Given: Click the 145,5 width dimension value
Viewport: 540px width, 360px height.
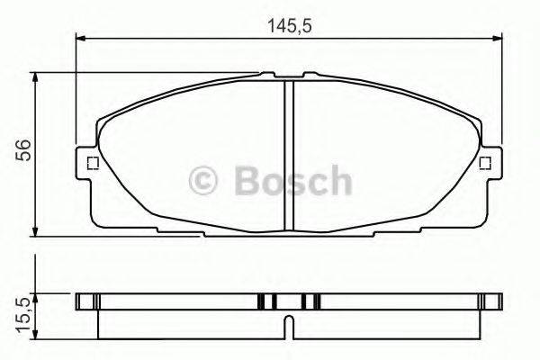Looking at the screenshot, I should point(288,26).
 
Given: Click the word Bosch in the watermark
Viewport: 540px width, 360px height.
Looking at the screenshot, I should point(292,181).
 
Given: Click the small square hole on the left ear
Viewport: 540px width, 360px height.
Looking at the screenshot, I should point(90,163).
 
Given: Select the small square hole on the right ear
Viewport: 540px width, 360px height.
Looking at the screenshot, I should point(485,163).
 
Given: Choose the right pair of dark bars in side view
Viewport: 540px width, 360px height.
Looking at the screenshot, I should point(310,301).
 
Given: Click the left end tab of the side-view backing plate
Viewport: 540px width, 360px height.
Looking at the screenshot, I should point(87,301).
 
